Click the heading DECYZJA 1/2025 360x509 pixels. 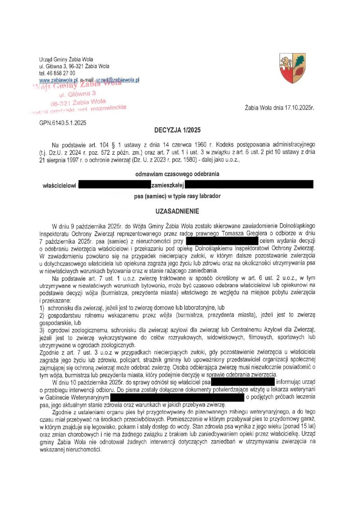180,130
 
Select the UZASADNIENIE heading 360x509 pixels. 180,210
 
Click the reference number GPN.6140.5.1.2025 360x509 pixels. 63,122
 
